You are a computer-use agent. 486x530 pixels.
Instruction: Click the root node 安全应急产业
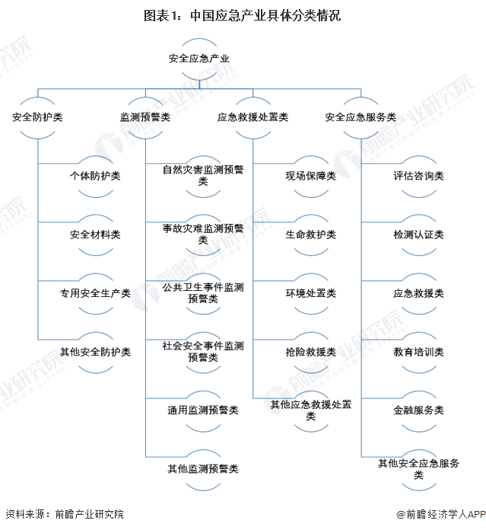point(199,59)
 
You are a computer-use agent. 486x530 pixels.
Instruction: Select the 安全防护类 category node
point(38,117)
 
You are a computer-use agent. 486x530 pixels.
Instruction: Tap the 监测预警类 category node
point(145,117)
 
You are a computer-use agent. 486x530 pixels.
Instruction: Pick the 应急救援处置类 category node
point(253,117)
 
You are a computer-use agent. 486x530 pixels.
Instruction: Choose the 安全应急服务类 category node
point(361,117)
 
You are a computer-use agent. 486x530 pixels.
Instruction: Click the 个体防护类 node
point(95,176)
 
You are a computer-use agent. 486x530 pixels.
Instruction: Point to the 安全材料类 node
point(95,235)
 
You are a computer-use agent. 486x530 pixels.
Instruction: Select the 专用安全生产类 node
point(95,293)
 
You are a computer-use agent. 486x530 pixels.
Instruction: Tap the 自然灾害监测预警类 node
point(203,176)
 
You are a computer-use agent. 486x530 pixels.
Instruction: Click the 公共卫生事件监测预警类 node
point(203,293)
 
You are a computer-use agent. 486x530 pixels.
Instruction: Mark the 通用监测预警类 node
point(203,410)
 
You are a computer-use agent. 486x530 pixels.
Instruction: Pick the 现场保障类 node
point(310,176)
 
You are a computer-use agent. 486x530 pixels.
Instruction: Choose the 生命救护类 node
point(310,235)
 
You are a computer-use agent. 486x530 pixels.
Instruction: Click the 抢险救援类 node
point(310,352)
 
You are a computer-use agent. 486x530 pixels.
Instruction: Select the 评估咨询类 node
point(418,176)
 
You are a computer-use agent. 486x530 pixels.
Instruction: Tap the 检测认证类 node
point(418,235)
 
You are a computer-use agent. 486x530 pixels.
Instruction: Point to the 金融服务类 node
point(418,410)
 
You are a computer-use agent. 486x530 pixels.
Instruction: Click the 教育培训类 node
point(418,352)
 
